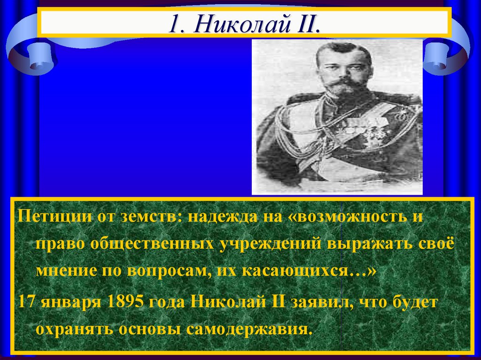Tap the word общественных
pyautogui.click(x=153, y=245)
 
